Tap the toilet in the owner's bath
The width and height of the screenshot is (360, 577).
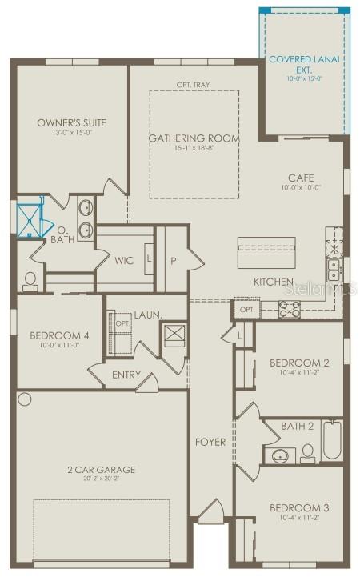pyautogui.click(x=30, y=280)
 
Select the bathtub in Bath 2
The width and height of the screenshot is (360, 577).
pyautogui.click(x=332, y=439)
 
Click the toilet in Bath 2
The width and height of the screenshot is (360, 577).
pyautogui.click(x=307, y=454)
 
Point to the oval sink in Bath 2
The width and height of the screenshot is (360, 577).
pyautogui.click(x=280, y=455)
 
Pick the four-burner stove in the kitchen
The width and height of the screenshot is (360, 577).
pyautogui.click(x=289, y=308)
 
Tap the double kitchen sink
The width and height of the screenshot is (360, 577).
pyautogui.click(x=333, y=267)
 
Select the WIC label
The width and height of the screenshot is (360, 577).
pyautogui.click(x=124, y=260)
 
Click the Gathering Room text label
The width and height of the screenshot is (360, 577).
pyautogui.click(x=194, y=138)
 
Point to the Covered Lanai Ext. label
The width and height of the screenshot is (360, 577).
pyautogui.click(x=306, y=64)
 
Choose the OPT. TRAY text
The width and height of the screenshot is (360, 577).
pyautogui.click(x=193, y=84)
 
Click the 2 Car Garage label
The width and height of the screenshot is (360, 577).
pyautogui.click(x=102, y=469)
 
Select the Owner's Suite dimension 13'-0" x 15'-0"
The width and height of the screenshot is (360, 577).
pyautogui.click(x=71, y=134)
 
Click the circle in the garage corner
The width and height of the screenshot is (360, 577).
pyautogui.click(x=25, y=399)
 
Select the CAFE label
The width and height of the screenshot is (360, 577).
pyautogui.click(x=301, y=178)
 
